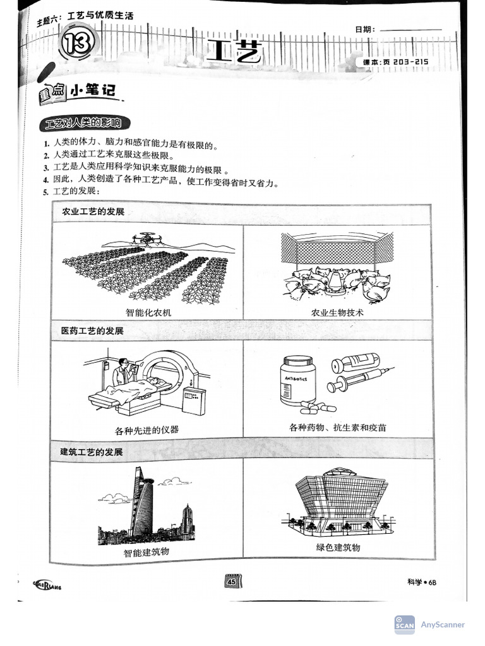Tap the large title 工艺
click(233, 52)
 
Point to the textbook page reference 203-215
click(397, 61)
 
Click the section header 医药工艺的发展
click(92, 331)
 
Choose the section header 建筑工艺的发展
click(92, 452)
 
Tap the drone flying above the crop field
click(146, 238)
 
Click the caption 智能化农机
click(148, 312)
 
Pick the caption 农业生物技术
click(338, 312)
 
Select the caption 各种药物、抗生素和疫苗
click(338, 428)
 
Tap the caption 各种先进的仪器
click(147, 430)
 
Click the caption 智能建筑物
click(147, 553)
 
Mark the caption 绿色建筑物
click(338, 548)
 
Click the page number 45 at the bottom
click(232, 582)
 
